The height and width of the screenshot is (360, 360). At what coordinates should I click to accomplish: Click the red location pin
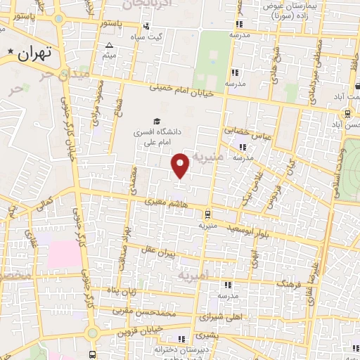(x=181, y=165)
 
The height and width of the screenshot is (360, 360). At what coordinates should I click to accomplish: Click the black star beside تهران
(x=11, y=53)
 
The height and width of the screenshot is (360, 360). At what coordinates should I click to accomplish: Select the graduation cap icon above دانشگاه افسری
(x=155, y=121)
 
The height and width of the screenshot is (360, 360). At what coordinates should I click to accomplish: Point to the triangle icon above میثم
(x=109, y=46)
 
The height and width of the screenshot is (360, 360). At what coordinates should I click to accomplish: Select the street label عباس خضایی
(x=242, y=131)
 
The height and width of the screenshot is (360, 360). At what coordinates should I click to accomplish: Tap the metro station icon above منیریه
(x=207, y=215)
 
